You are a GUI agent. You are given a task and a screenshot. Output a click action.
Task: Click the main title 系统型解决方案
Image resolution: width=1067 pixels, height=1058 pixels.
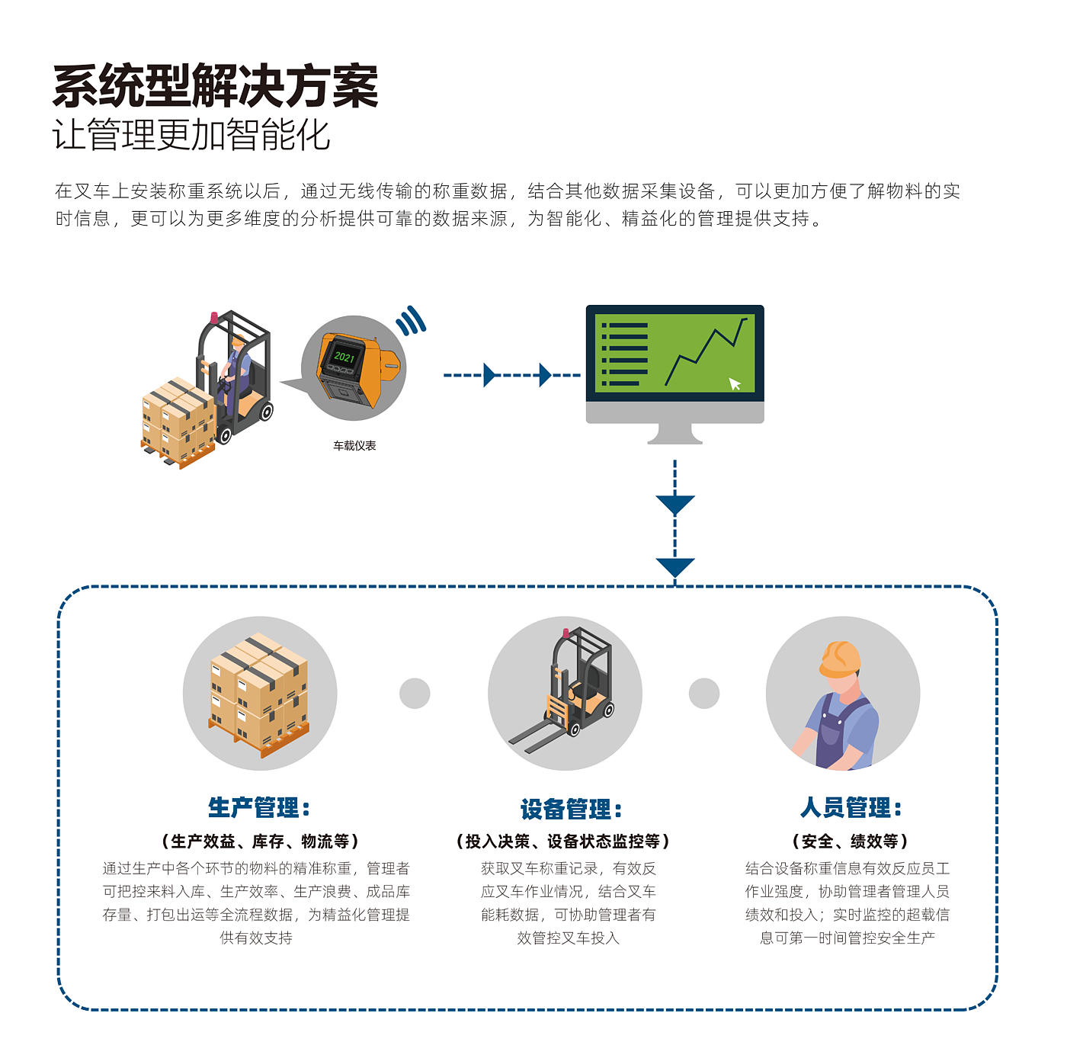[216, 86]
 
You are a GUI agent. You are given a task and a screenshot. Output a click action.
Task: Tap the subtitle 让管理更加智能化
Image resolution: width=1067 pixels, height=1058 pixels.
[191, 136]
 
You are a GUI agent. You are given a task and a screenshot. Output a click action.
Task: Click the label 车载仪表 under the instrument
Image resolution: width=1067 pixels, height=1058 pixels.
[354, 446]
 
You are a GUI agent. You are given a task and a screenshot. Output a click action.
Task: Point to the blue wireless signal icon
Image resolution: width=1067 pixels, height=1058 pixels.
[412, 321]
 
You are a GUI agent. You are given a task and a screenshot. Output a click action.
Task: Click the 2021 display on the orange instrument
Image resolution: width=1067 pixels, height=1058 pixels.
[344, 357]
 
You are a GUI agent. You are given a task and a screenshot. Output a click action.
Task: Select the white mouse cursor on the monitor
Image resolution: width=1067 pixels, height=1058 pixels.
[735, 383]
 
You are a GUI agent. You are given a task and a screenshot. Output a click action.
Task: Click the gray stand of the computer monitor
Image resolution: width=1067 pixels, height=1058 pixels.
[674, 434]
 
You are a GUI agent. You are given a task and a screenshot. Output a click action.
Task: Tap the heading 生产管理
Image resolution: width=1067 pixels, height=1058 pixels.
[259, 808]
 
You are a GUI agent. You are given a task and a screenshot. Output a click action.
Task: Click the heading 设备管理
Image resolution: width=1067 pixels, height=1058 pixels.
[571, 810]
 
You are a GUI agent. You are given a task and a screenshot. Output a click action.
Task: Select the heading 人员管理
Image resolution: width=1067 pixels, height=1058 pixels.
[851, 808]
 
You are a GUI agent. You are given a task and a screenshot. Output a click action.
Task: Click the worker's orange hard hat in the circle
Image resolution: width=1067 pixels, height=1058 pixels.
[840, 659]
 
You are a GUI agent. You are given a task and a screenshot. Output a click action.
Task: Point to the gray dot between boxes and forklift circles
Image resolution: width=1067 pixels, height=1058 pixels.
[415, 694]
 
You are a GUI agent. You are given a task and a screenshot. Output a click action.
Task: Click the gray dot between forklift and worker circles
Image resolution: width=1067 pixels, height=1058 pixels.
[704, 694]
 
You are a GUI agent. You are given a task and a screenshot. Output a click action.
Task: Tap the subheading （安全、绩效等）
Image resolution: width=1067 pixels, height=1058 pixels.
[851, 842]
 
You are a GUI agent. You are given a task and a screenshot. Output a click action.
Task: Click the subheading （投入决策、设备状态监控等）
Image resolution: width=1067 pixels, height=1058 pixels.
[563, 842]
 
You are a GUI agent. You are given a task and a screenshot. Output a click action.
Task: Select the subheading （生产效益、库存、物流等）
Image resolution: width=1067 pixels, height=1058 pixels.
[260, 842]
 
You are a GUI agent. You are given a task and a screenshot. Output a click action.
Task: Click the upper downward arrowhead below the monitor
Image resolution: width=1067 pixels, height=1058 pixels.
[675, 504]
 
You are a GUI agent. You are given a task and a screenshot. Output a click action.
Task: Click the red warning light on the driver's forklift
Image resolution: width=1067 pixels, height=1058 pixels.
[214, 316]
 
